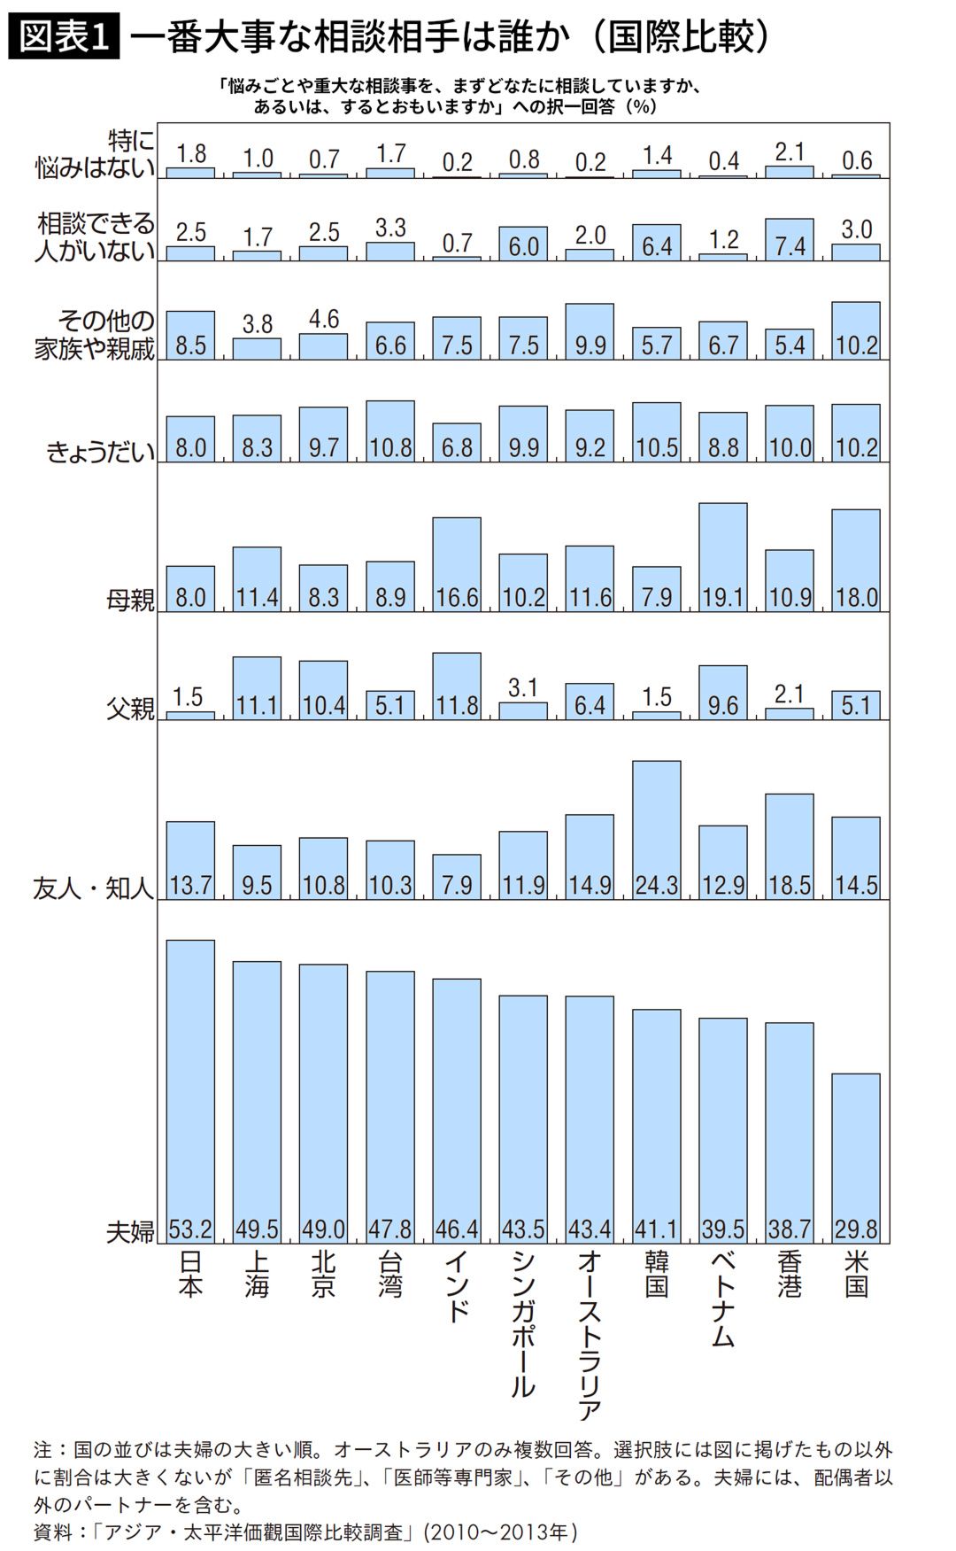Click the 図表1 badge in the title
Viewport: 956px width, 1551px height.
(x=64, y=36)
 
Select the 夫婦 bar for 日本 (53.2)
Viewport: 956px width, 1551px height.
(x=190, y=1090)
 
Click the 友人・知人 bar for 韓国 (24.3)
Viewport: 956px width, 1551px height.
(x=657, y=829)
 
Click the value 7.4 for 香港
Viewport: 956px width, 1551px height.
(x=790, y=245)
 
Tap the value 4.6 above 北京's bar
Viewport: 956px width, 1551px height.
(x=324, y=319)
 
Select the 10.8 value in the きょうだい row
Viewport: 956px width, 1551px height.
(x=390, y=447)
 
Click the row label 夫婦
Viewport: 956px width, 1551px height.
(x=130, y=1231)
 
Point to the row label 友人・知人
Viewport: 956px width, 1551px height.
(x=94, y=888)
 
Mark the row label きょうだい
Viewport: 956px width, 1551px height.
(x=100, y=453)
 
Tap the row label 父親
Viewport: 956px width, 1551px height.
(x=130, y=708)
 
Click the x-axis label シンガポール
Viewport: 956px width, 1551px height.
(x=523, y=1323)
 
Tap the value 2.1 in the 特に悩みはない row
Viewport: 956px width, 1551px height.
(x=790, y=151)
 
